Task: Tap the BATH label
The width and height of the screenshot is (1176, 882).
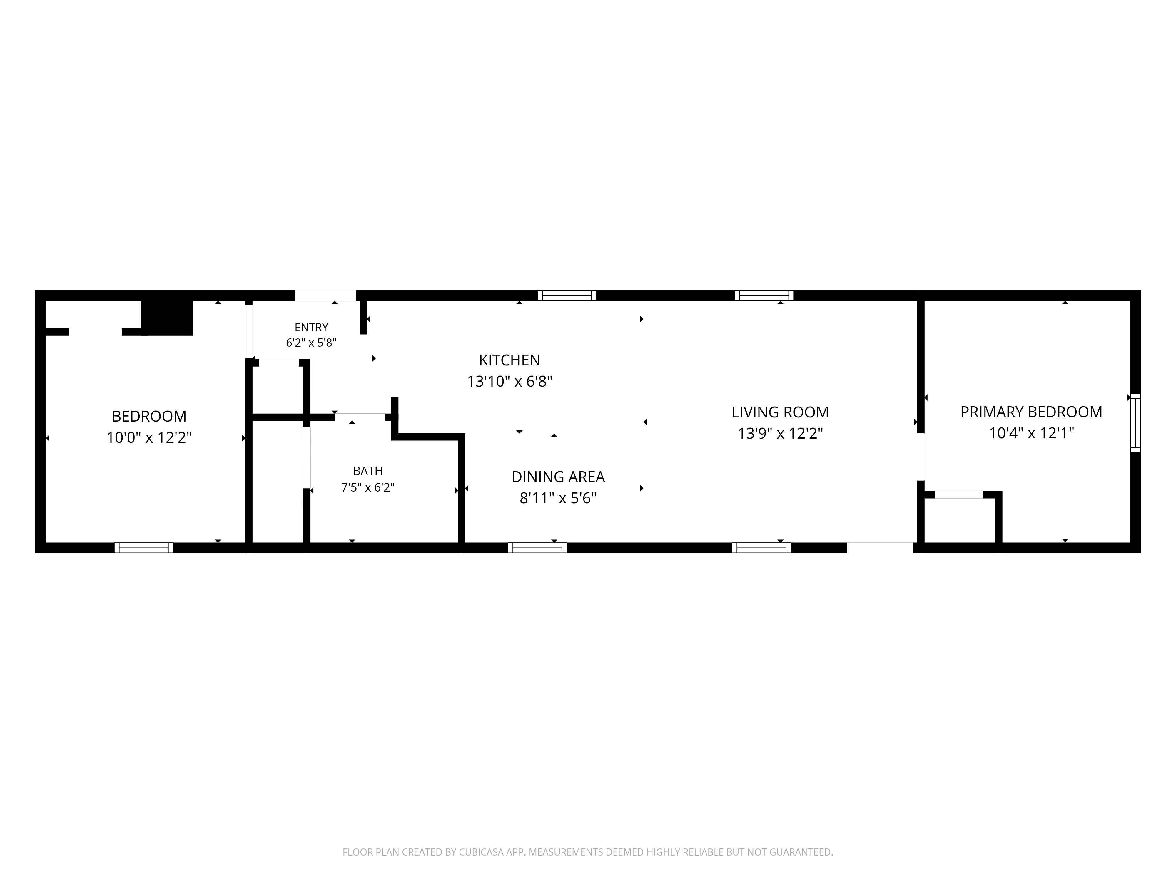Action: pyautogui.click(x=368, y=471)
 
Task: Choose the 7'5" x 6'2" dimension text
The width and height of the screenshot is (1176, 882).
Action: pyautogui.click(x=368, y=487)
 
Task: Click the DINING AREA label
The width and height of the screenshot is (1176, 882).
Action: pyautogui.click(x=558, y=477)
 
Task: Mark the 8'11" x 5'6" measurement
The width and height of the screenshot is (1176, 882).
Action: pyautogui.click(x=558, y=498)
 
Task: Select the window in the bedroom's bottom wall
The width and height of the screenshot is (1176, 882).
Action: pyautogui.click(x=143, y=548)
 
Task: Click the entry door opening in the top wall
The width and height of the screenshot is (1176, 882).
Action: pyautogui.click(x=325, y=295)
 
